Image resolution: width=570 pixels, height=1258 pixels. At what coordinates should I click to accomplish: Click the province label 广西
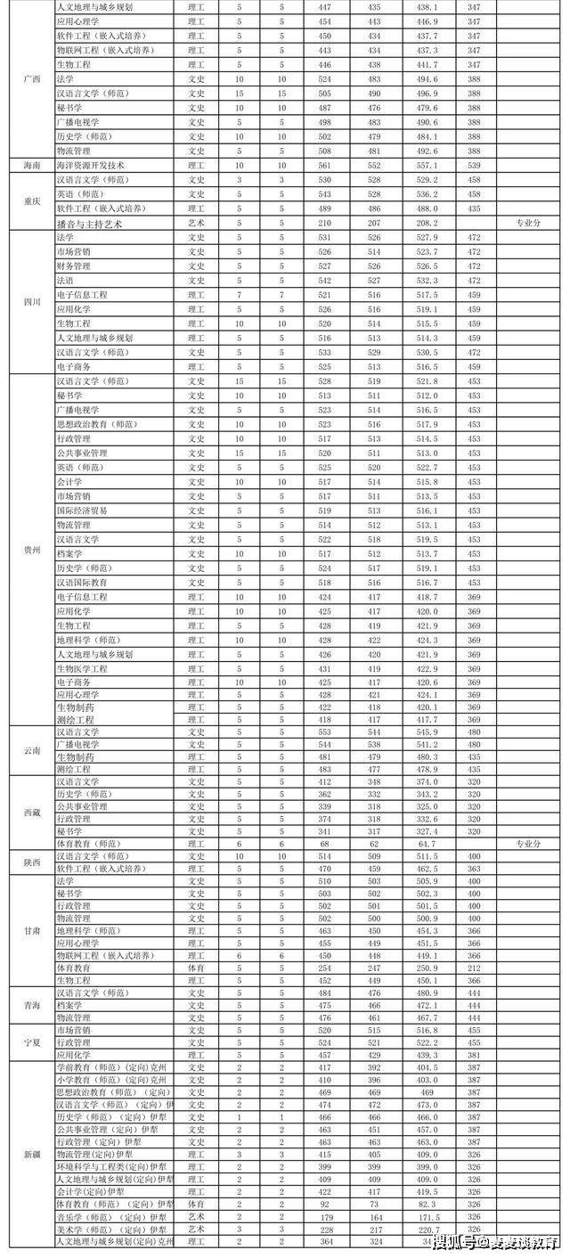[31, 78]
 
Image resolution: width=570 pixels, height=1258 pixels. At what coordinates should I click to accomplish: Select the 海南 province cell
[31, 165]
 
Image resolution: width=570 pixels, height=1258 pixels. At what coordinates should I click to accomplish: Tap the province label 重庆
[31, 200]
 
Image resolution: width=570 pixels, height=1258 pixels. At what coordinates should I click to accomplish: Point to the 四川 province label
[31, 301]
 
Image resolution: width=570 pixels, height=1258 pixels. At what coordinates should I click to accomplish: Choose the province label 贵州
[31, 550]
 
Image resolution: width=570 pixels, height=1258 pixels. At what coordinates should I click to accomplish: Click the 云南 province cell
[31, 750]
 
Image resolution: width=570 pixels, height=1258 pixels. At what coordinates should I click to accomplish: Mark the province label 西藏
[31, 813]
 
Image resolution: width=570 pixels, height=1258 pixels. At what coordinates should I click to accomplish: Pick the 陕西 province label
[31, 862]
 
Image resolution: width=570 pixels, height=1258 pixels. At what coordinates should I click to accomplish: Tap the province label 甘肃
[31, 930]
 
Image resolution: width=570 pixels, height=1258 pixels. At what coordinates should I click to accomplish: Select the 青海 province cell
[31, 1005]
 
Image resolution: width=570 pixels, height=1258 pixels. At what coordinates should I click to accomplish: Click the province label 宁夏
[31, 1042]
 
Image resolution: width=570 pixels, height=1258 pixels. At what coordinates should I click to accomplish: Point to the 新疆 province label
[31, 1154]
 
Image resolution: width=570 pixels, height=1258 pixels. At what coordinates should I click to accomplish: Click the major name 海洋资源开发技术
[90, 165]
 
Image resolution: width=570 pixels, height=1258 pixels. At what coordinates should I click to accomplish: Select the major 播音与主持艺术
[88, 224]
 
